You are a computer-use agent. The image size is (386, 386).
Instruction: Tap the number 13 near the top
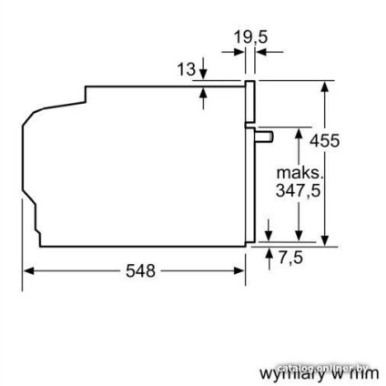click(x=186, y=68)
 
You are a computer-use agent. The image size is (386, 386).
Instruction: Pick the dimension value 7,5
click(x=289, y=258)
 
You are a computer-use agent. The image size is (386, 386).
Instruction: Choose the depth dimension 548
click(x=138, y=270)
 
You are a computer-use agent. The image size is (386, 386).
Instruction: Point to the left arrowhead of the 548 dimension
click(x=28, y=270)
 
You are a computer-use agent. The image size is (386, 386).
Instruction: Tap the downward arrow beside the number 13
click(x=202, y=72)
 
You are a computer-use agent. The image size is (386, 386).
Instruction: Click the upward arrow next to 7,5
click(x=269, y=252)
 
